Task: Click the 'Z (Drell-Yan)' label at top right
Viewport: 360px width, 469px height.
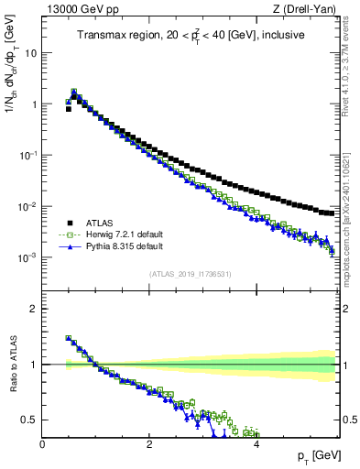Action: click(x=307, y=10)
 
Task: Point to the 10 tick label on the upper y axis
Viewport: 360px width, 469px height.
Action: click(x=30, y=53)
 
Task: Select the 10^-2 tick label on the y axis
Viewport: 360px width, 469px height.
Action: click(x=27, y=206)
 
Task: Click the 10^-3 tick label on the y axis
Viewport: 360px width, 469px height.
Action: click(x=27, y=257)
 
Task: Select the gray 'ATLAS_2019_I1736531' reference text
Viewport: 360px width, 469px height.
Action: click(x=190, y=274)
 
